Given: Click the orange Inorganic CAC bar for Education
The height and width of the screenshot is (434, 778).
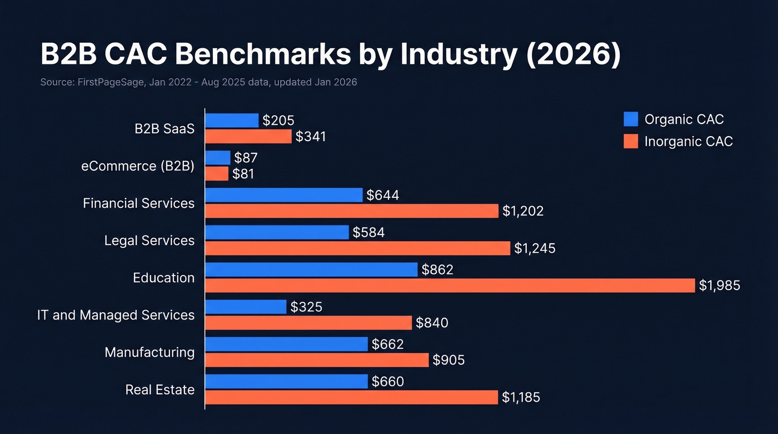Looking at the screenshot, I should click(x=450, y=286).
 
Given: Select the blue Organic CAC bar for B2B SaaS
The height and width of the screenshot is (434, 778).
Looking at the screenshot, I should click(x=232, y=121).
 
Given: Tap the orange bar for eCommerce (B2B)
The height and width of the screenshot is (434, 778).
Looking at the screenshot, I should click(x=217, y=174).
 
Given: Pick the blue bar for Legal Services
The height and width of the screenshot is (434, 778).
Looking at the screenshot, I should click(x=277, y=232).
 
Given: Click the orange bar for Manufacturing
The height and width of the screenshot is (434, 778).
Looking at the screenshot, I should click(x=317, y=360).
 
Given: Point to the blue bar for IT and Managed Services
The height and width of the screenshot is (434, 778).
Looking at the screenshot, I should click(x=246, y=307).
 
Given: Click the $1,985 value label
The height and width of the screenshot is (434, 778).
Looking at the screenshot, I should click(x=720, y=286).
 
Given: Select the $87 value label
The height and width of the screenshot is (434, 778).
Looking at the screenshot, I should click(x=246, y=158).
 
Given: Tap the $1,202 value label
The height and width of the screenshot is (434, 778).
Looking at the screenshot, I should click(x=523, y=211).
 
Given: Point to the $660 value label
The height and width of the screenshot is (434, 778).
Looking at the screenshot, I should click(x=387, y=382).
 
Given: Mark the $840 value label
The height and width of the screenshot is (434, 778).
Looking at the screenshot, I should click(x=432, y=323).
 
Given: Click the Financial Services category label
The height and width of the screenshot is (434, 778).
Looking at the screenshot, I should click(x=138, y=203).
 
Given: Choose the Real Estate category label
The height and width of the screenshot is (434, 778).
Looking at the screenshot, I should click(x=160, y=390).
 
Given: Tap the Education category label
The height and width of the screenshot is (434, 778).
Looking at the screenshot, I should click(x=163, y=278).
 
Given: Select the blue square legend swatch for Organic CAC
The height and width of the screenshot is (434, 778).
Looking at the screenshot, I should click(x=631, y=119).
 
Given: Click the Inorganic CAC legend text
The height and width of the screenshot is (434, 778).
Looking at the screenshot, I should click(x=689, y=142).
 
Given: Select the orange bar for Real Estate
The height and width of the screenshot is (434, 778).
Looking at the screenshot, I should click(x=351, y=397).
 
